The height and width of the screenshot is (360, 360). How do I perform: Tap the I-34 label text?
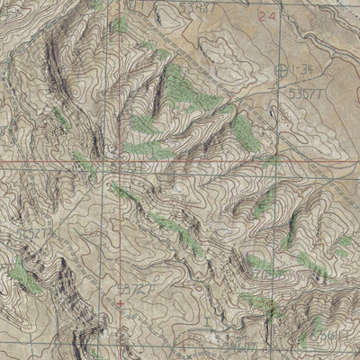(305, 70)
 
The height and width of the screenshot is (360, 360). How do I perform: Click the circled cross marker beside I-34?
(285, 70)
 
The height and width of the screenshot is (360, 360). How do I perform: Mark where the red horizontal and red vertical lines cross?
(116, 165)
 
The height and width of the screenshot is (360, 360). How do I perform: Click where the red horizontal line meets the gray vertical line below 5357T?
(286, 165)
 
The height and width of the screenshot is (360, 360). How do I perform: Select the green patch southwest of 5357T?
(243, 130)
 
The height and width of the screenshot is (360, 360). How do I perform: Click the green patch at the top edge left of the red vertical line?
(96, 4)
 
